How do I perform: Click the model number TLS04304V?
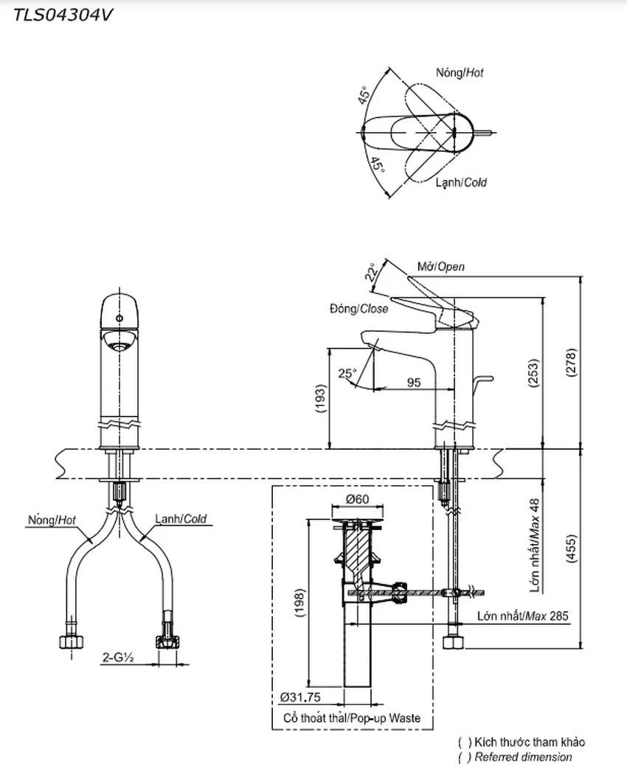63,15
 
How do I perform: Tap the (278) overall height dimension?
571,362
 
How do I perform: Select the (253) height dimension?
533,373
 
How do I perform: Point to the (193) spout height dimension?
320,399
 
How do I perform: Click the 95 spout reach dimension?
413,382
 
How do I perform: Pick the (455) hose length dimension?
571,549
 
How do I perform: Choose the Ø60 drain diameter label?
357,499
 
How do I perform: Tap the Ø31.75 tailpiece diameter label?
300,697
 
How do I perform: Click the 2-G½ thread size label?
118,658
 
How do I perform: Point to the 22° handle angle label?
372,272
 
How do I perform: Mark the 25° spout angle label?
347,373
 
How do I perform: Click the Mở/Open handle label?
441,267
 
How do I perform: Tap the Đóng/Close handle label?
358,309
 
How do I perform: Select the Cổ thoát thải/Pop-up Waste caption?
352,718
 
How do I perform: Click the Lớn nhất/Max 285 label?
523,616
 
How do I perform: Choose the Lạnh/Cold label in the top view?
461,183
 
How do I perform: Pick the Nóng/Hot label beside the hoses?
52,520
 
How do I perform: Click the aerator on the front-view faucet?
119,346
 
